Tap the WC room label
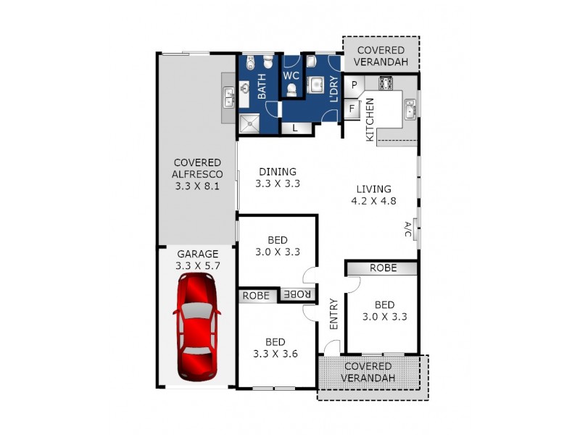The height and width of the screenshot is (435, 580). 291,75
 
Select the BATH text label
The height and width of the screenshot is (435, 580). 262,88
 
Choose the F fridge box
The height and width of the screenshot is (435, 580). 352,109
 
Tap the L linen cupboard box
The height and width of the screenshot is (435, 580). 296,128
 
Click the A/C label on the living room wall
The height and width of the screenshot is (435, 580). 407,230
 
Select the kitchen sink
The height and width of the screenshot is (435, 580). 410,110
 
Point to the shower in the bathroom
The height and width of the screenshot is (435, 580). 252,123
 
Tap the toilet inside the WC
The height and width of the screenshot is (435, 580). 291,90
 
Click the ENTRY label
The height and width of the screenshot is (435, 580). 334,315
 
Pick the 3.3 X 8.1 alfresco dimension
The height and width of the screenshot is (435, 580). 197,186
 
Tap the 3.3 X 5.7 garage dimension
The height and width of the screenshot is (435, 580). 197,266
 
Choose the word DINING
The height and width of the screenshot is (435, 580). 278,172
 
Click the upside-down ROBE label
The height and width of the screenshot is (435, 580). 298,294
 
